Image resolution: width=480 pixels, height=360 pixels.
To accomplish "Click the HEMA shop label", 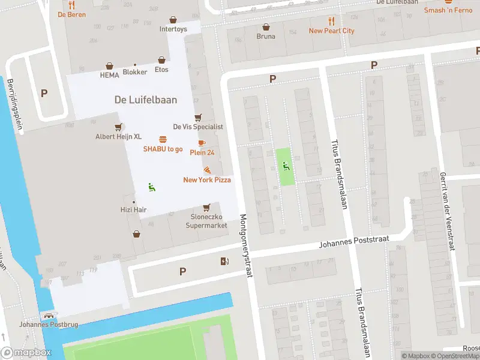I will coord(110,76).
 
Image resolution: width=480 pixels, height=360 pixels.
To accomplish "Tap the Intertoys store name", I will coord(173,29).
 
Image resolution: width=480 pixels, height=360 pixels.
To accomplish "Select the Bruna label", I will coord(266,36).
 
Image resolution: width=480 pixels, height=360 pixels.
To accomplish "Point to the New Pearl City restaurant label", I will coord(331,31).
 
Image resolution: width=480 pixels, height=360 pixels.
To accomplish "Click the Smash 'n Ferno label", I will coord(448,10).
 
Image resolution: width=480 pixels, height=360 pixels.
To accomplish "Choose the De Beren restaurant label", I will coord(71,14).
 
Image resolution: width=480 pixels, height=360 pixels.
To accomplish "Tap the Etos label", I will coord(161,70).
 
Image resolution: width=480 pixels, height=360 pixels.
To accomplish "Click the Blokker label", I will coord(134,72).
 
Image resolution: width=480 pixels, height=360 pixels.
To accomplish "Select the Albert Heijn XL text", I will coord(119,136).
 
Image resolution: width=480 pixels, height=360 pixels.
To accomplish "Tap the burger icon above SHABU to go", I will coord(163,139).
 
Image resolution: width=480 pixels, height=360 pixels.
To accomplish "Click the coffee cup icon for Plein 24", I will coord(202,143).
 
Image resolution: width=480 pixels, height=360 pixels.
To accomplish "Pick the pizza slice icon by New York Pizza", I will coord(207,170).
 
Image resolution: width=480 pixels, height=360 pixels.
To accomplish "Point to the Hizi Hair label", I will coord(133,210).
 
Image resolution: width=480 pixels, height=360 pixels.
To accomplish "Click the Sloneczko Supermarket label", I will coord(206,221).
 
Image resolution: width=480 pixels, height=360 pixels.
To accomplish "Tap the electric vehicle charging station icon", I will coord(224,260).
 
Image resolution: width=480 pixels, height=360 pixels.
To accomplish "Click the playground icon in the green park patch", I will coord(286,166).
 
